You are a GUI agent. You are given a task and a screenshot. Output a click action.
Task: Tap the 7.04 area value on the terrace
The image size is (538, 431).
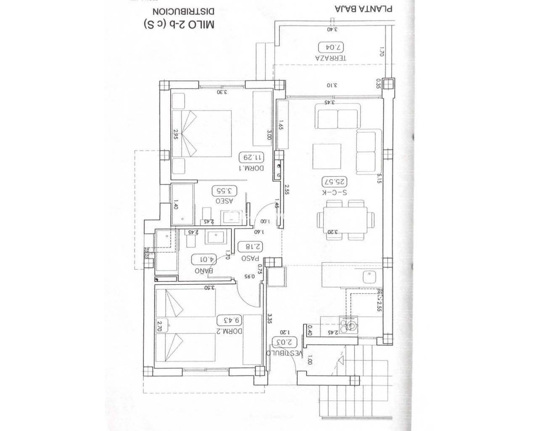point(331,47)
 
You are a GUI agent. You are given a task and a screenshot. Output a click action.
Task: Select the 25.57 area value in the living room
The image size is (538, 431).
point(335,182)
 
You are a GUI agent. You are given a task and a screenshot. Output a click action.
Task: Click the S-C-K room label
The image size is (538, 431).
point(335,192)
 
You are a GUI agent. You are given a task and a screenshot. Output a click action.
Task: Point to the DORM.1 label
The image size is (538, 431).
point(251,168)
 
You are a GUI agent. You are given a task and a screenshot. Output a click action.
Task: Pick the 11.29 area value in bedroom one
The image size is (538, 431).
point(252,157)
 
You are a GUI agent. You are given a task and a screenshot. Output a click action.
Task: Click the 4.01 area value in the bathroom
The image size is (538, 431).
point(204,259)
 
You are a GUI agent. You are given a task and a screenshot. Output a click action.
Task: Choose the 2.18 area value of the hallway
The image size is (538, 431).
point(251,247)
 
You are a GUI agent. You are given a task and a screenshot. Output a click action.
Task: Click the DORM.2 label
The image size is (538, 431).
point(230,331)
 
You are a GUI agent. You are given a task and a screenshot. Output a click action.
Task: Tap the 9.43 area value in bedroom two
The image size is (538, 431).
point(231,320)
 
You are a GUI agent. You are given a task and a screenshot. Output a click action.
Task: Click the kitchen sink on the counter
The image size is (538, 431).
point(370,277)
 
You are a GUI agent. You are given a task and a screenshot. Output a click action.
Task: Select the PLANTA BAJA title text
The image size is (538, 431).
point(364,9)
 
